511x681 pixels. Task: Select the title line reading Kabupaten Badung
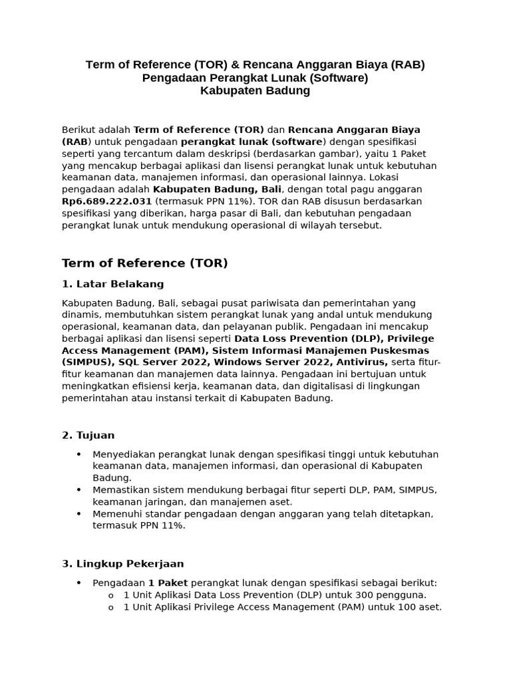click(x=255, y=90)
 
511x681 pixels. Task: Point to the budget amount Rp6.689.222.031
click(x=106, y=202)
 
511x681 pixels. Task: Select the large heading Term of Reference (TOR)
click(x=144, y=263)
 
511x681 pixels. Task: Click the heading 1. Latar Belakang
click(x=112, y=284)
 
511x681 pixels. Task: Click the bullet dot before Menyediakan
click(x=79, y=454)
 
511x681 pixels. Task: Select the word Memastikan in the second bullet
click(x=120, y=490)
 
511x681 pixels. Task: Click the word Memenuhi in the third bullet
click(x=116, y=514)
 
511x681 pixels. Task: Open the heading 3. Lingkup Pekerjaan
click(x=122, y=564)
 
